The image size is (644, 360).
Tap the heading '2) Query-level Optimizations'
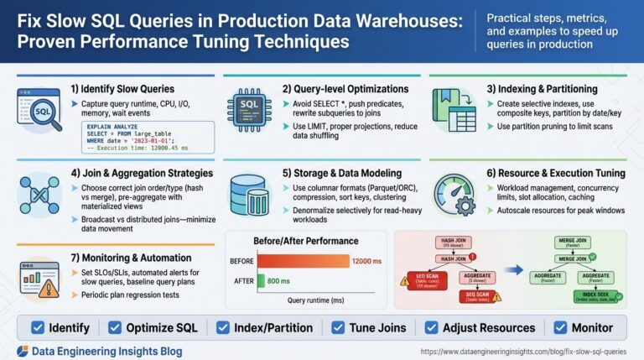point(338,87)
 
